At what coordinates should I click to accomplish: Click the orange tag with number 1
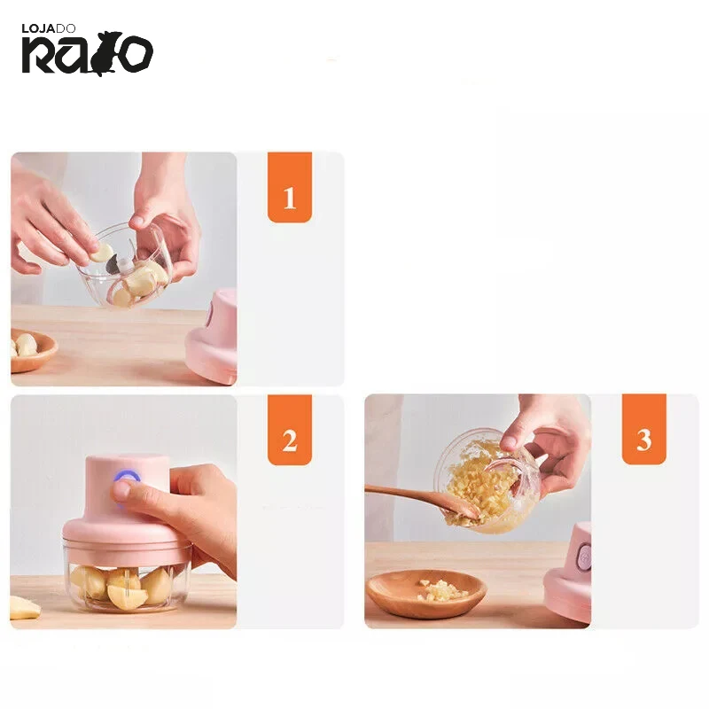tap(290, 187)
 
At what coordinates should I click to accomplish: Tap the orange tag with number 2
tap(290, 430)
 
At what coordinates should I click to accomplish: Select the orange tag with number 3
tap(644, 429)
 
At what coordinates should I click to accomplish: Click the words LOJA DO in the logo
tap(49, 29)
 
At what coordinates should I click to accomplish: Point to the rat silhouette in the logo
tap(106, 53)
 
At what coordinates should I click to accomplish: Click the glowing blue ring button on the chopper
tap(127, 478)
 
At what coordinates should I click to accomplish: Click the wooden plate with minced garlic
tap(426, 594)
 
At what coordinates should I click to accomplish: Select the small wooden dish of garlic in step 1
tap(32, 350)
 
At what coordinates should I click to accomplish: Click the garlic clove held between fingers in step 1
tap(102, 253)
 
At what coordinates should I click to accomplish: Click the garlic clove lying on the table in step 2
tap(24, 608)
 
